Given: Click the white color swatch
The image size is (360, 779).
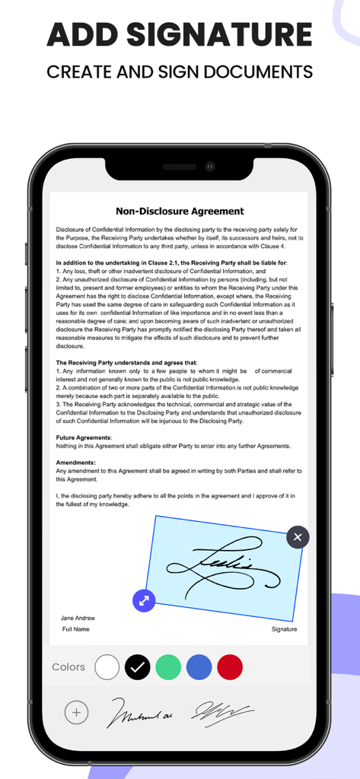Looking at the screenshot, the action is pyautogui.click(x=107, y=667).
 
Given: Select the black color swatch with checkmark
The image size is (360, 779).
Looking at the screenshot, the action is pyautogui.click(x=138, y=667).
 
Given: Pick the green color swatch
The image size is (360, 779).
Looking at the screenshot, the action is pyautogui.click(x=168, y=667).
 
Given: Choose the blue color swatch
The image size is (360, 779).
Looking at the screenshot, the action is pyautogui.click(x=199, y=667).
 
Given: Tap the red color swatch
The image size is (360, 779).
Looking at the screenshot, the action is pyautogui.click(x=229, y=667).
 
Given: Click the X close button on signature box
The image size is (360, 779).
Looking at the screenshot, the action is pyautogui.click(x=298, y=537).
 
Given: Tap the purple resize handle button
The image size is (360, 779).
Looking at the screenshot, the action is pyautogui.click(x=144, y=601).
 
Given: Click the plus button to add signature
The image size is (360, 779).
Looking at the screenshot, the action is pyautogui.click(x=76, y=713).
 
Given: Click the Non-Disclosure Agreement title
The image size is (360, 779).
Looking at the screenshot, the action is pyautogui.click(x=180, y=211).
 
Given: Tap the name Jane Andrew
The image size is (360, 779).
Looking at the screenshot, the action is pyautogui.click(x=78, y=618).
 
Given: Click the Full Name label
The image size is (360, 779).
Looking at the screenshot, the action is pyautogui.click(x=76, y=630).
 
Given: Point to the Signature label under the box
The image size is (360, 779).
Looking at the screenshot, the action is pyautogui.click(x=284, y=630).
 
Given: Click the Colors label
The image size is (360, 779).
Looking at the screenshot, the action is pyautogui.click(x=68, y=667).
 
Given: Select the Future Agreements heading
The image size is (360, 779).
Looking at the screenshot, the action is pyautogui.click(x=84, y=437).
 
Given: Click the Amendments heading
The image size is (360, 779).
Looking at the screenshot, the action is pyautogui.click(x=76, y=463).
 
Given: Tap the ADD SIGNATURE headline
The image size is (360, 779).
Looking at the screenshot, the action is pyautogui.click(x=180, y=35).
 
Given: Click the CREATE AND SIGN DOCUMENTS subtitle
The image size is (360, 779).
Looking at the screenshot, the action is pyautogui.click(x=180, y=72).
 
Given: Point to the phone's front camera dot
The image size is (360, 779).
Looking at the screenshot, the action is pyautogui.click(x=210, y=167).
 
